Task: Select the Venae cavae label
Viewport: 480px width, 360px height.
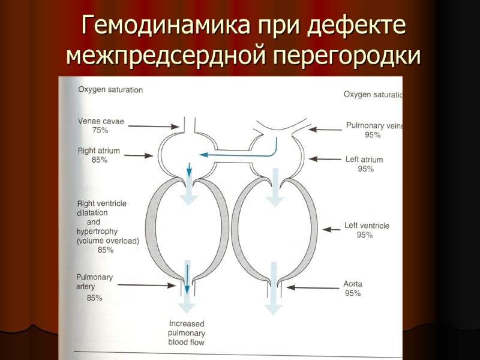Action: [x=101, y=121]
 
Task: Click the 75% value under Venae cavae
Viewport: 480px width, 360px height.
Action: [x=100, y=130]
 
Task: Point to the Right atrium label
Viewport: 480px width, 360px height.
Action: [x=99, y=151]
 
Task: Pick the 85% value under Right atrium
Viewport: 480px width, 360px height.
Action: [x=100, y=160]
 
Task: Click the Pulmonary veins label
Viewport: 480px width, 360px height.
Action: [x=373, y=126]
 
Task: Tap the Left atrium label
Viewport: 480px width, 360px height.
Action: [x=364, y=160]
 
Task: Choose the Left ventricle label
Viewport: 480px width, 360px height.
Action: [x=367, y=226]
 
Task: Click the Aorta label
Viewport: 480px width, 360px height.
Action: [x=353, y=284]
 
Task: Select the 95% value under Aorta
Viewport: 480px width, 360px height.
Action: [x=353, y=293]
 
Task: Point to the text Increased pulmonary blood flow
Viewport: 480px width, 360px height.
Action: [x=186, y=333]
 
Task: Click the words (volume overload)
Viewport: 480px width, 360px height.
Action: [x=108, y=241]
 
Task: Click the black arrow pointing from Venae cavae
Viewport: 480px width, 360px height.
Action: [x=154, y=126]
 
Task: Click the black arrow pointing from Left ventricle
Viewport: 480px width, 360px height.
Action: [x=332, y=229]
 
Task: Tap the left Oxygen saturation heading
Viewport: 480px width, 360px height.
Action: [x=110, y=90]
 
